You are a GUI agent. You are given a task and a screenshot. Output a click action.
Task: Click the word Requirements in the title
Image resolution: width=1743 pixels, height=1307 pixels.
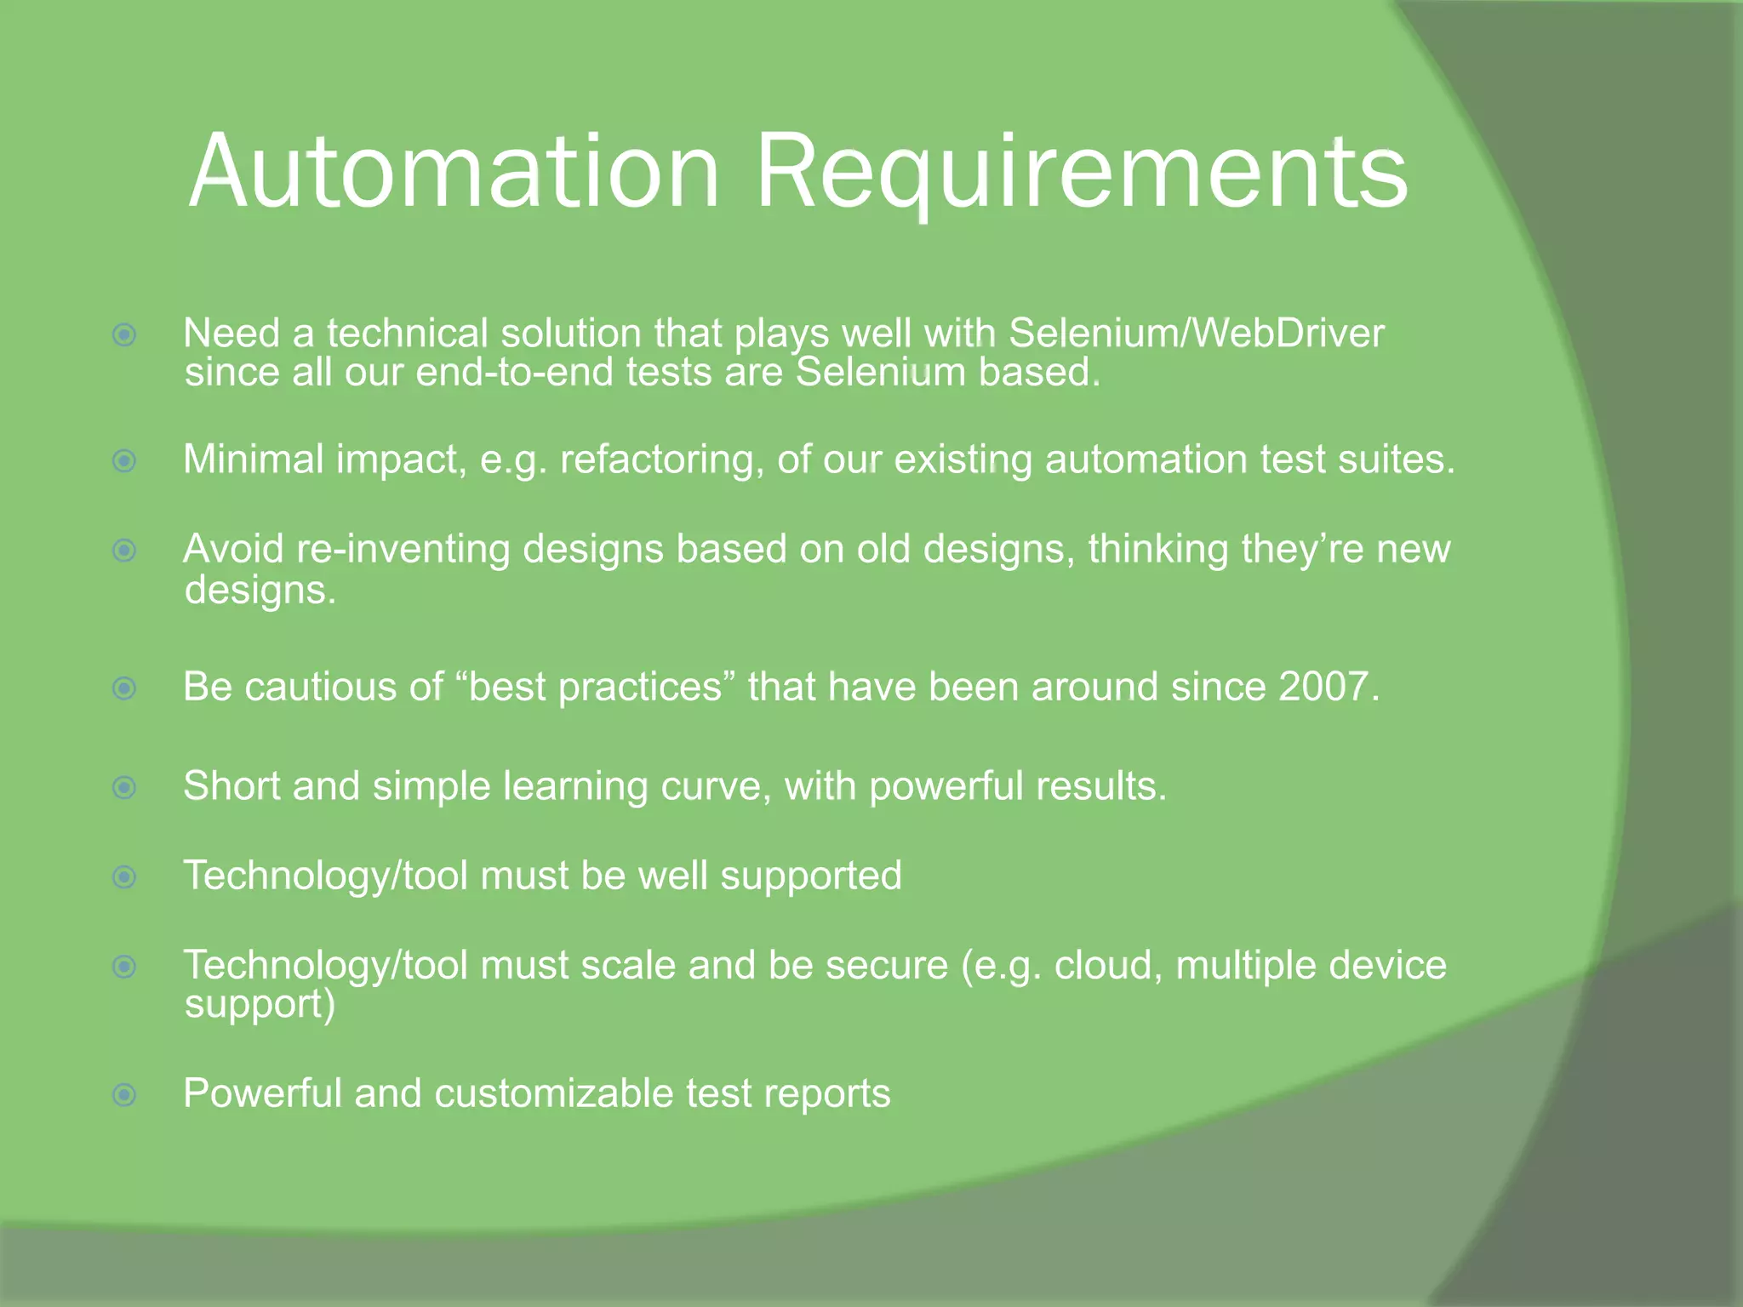pyautogui.click(x=1081, y=172)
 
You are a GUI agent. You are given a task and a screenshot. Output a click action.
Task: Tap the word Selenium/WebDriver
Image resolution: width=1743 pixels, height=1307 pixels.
pyautogui.click(x=1197, y=334)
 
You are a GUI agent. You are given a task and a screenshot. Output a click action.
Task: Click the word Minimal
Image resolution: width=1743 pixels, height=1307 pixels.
pyautogui.click(x=253, y=459)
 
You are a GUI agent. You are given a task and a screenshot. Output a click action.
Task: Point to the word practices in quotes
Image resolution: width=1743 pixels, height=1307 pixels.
pyautogui.click(x=639, y=688)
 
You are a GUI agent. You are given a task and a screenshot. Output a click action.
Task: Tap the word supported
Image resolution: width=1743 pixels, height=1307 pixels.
pyautogui.click(x=810, y=876)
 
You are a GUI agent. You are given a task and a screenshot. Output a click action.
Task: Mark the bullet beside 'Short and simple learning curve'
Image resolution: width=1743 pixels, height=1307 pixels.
pyautogui.click(x=124, y=787)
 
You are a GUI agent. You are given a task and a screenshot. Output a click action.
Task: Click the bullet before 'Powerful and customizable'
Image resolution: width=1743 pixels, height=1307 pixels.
pyautogui.click(x=124, y=1094)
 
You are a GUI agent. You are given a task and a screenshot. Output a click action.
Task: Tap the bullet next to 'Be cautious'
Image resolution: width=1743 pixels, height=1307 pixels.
pyautogui.click(x=124, y=688)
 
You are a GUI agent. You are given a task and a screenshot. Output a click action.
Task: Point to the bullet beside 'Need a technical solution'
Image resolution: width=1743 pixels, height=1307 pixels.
pyautogui.click(x=124, y=334)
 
